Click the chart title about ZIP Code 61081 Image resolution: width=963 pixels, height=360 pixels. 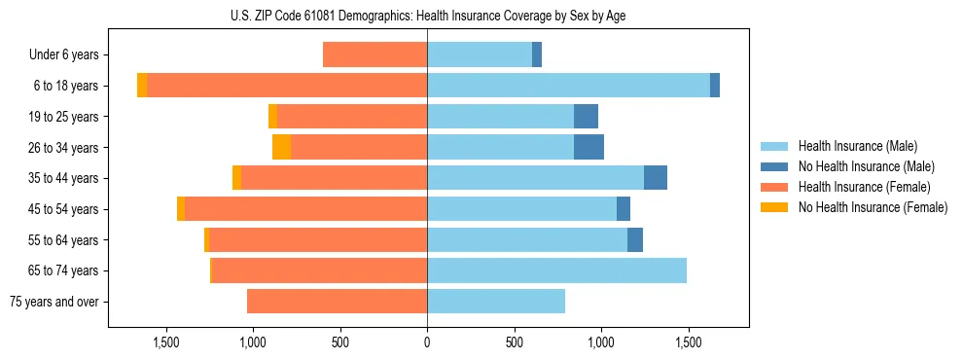tap(427, 14)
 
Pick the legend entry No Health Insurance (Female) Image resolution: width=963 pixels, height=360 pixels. tap(873, 207)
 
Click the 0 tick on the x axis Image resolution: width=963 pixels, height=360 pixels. tap(427, 343)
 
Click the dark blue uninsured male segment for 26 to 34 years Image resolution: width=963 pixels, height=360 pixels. tap(588, 148)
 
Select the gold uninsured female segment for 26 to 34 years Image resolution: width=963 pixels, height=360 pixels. tap(281, 148)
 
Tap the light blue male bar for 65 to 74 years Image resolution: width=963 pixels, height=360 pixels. tap(556, 270)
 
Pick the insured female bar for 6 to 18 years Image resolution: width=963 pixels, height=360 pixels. tap(287, 86)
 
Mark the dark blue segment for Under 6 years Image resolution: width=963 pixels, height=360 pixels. tap(537, 55)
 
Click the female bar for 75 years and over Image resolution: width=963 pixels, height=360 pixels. tap(337, 302)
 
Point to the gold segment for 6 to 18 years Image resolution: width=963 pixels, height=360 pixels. tap(142, 86)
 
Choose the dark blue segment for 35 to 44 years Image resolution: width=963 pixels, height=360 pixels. tap(656, 178)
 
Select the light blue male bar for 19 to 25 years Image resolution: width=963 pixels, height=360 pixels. tap(500, 117)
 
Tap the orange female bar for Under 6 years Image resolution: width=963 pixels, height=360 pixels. tap(374, 55)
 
